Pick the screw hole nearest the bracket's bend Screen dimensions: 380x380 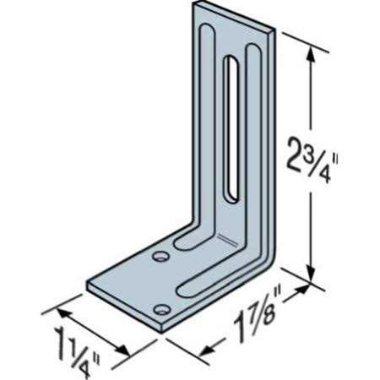click(160, 254)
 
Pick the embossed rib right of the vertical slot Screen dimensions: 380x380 click(251, 144)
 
